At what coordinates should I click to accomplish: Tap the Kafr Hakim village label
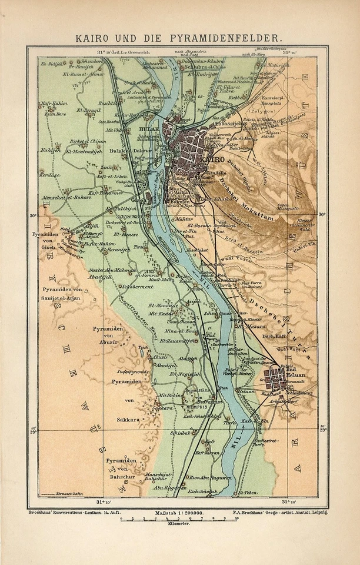pyautogui.click(x=52, y=104)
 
